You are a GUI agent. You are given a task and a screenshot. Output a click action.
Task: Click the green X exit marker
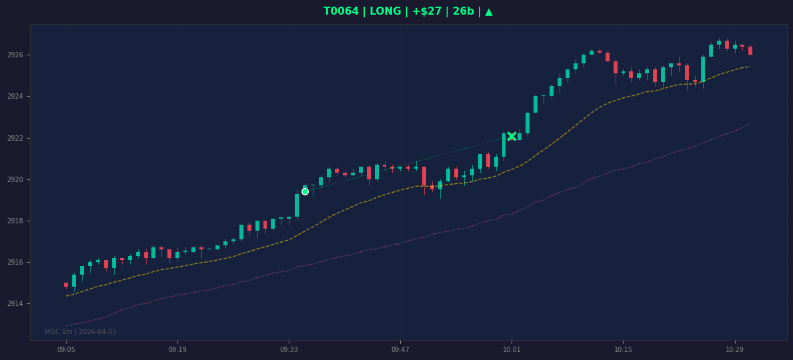tap(512, 136)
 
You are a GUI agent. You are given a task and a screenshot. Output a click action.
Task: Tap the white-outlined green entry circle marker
tap(305, 191)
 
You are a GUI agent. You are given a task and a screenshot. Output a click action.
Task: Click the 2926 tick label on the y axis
tap(15, 55)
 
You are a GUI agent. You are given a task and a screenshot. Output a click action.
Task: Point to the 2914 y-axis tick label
tap(15, 303)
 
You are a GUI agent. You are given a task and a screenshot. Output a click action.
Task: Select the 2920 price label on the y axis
tap(15, 179)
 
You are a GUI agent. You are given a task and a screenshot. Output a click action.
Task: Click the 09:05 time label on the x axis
tap(66, 349)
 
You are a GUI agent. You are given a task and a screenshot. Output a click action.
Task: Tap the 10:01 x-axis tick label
tap(512, 349)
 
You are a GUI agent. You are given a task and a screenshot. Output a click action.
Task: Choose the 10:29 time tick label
tap(734, 349)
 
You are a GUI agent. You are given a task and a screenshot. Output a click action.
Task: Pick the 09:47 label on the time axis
tap(400, 349)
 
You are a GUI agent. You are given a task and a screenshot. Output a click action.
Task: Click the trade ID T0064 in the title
tap(341, 11)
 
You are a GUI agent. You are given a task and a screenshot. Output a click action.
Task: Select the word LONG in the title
tap(385, 11)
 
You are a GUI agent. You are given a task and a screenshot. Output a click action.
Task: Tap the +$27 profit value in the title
tap(427, 11)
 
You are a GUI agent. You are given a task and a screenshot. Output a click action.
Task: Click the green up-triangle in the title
tap(489, 11)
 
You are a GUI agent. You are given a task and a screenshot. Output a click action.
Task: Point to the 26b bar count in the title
tap(464, 11)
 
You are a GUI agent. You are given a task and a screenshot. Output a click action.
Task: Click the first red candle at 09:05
tap(66, 285)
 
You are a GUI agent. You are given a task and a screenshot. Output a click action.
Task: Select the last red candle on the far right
tap(750, 50)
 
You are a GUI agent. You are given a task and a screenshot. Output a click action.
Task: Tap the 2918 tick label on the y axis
tap(15, 221)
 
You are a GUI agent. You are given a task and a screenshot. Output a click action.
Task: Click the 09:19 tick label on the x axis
tap(177, 349)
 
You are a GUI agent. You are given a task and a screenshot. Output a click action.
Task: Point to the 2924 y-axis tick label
tap(15, 96)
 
